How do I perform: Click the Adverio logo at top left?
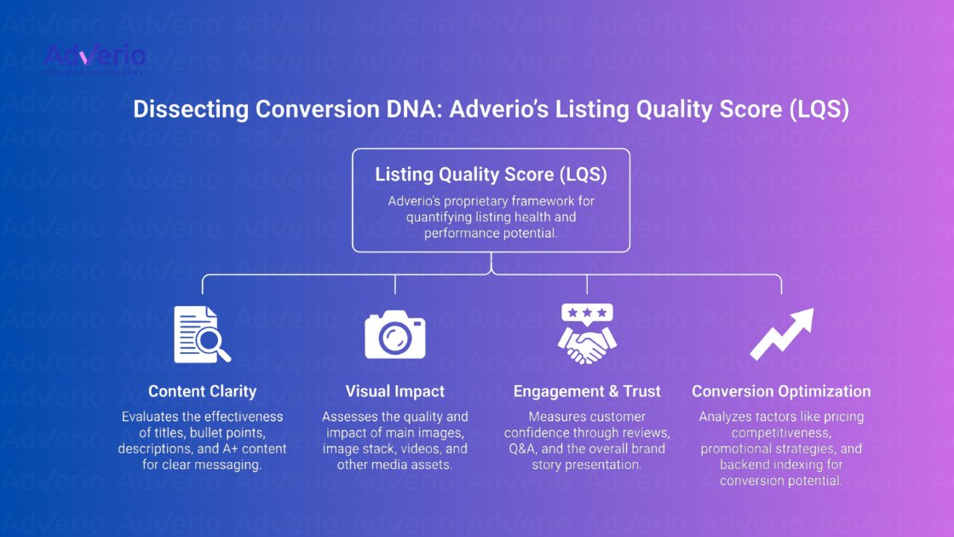[95, 57]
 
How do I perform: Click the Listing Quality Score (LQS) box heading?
[491, 175]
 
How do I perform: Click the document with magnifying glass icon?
[202, 334]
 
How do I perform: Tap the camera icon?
[394, 334]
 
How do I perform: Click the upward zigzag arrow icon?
[781, 333]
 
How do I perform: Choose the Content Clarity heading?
[202, 391]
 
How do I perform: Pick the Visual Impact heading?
[394, 391]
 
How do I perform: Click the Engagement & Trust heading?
[587, 391]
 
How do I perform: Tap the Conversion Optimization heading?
[781, 391]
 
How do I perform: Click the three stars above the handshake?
[587, 313]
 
